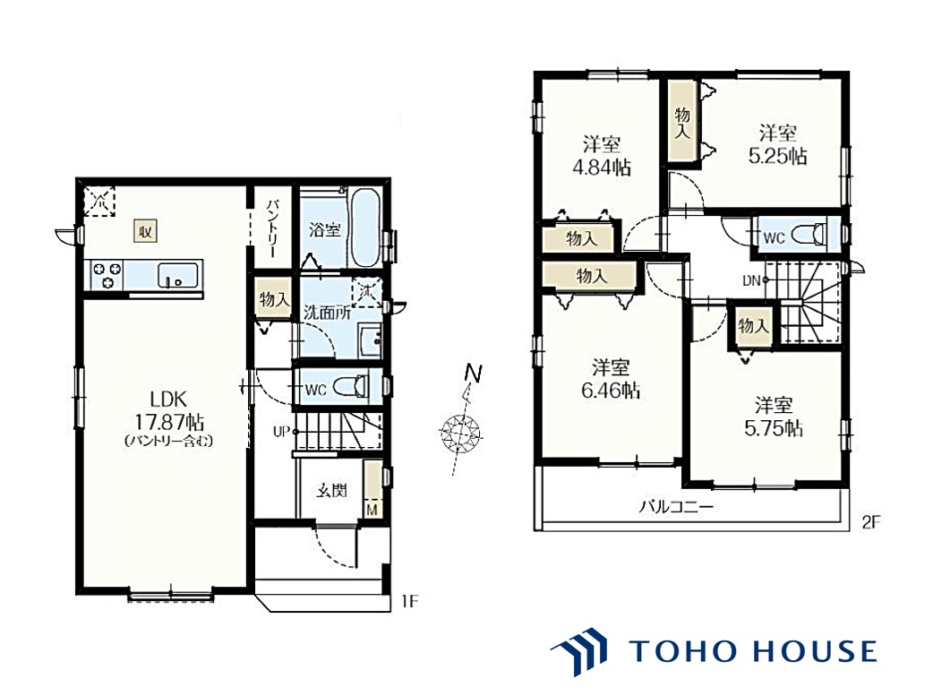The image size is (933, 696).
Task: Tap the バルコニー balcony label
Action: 676,507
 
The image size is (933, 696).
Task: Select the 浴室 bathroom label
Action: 325,229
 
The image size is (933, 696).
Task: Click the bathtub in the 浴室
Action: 365,228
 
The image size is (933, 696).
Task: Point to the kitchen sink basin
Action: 177,276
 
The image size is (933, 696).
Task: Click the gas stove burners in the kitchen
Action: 107,276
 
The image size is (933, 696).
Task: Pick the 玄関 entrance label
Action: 331,491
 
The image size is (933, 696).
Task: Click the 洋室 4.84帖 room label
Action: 602,156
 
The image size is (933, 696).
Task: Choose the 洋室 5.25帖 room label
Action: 778,145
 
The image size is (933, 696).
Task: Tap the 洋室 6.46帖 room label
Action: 611,379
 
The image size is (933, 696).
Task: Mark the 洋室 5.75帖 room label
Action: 774,417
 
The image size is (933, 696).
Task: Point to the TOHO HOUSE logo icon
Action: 579,650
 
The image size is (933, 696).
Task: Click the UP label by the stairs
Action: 281,431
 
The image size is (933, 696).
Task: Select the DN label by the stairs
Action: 751,280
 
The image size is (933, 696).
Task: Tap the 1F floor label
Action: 409,601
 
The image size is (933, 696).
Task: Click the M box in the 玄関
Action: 372,510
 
